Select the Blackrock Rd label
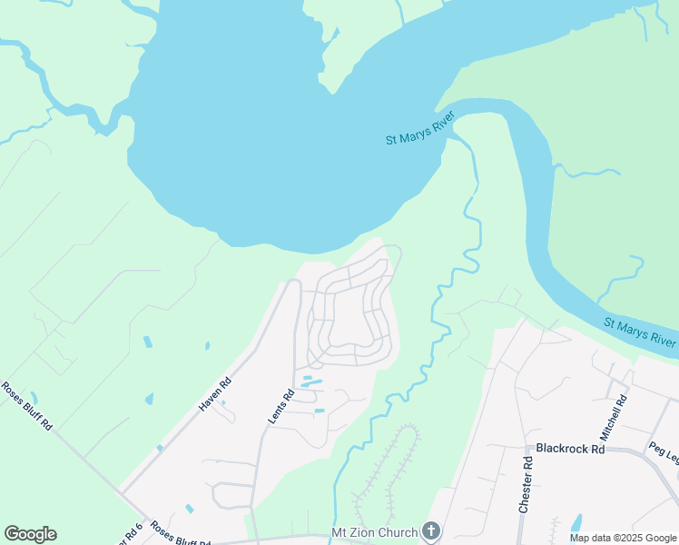point(570,449)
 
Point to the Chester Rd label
point(524,484)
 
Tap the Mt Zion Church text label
point(374,532)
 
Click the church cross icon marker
point(431,531)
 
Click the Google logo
point(30,534)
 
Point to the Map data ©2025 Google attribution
point(623,539)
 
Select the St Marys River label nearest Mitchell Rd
point(640,332)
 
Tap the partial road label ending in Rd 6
point(131,535)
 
